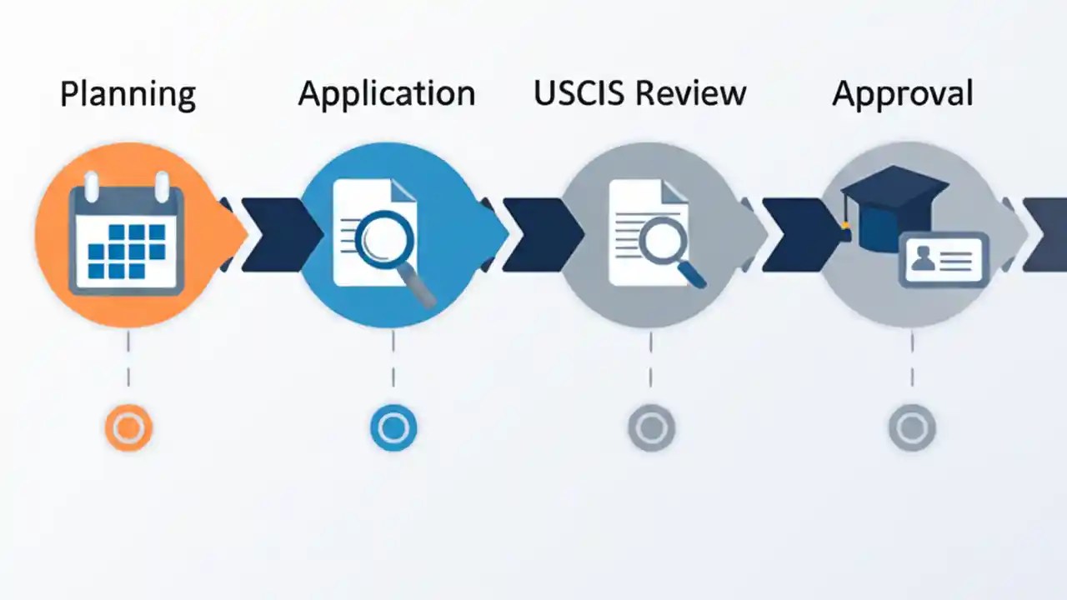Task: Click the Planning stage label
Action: click(128, 94)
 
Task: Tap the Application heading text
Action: click(387, 94)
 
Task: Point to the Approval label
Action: click(902, 94)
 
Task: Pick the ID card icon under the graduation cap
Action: click(944, 261)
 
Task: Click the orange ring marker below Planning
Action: click(128, 428)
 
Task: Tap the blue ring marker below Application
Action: click(392, 428)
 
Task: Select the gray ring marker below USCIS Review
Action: click(651, 428)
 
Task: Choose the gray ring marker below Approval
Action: click(912, 428)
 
